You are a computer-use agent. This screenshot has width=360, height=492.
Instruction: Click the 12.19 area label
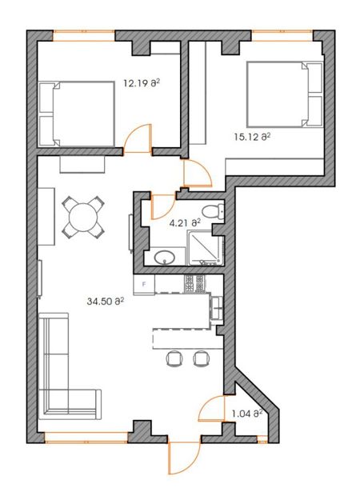142,83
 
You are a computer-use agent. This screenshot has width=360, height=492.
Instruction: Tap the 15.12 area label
252,137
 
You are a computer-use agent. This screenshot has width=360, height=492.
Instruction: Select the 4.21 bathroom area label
185,223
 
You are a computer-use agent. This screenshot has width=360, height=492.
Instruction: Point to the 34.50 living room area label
106,302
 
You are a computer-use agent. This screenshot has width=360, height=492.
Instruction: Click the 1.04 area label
246,414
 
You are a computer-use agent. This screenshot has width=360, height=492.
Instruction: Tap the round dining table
83,217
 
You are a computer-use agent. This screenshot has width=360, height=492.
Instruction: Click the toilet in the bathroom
213,211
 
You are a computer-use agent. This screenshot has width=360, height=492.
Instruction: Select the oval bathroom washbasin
165,258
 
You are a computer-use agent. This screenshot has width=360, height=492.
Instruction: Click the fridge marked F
144,285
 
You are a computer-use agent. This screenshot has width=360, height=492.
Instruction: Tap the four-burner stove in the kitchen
194,284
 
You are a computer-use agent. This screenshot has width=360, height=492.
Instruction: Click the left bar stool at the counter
174,358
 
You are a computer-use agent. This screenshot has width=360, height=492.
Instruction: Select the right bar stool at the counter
201,358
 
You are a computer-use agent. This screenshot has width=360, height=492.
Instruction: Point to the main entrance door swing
184,458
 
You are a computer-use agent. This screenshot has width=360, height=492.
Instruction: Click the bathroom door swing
162,206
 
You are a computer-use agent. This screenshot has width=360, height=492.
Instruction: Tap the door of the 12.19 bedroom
138,138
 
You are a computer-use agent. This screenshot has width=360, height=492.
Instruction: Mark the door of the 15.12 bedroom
198,174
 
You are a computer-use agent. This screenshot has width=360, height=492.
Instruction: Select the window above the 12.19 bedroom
84,36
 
